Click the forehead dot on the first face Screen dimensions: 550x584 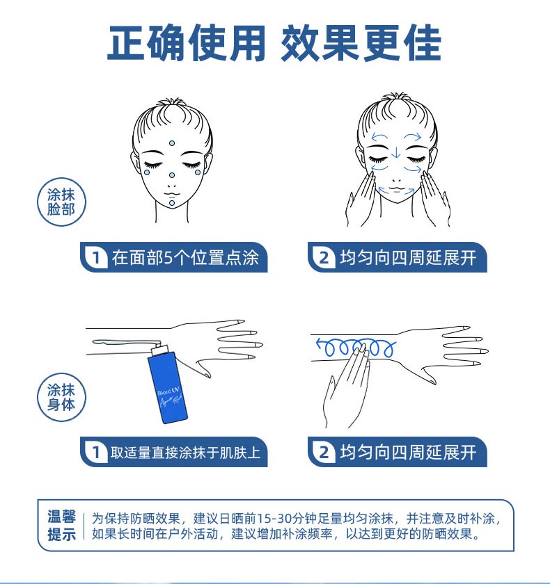point(171,143)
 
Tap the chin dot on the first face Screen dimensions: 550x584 point(171,202)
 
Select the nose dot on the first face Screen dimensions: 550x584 point(171,175)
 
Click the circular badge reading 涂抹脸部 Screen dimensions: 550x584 point(61,202)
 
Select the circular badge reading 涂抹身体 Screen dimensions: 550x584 point(61,397)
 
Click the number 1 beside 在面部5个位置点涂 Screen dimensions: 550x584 point(96,257)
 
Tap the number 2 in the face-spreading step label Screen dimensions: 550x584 point(324,257)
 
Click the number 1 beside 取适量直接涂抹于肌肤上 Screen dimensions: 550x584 point(96,452)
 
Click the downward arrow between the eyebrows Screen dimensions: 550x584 point(396,152)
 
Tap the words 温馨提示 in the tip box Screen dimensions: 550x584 point(61,526)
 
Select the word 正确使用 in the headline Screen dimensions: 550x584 point(186,43)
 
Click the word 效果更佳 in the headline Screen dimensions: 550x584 point(361,43)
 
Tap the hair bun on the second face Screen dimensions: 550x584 point(396,98)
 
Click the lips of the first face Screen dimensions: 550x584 point(172,194)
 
